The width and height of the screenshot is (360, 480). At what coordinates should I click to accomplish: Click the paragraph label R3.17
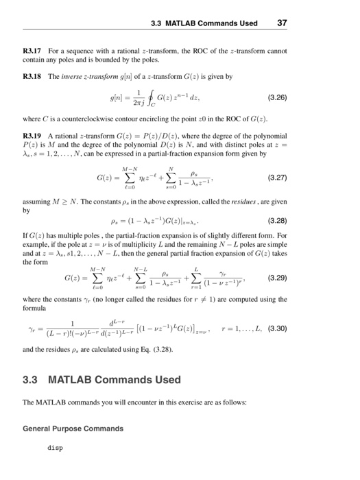tap(33, 51)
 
